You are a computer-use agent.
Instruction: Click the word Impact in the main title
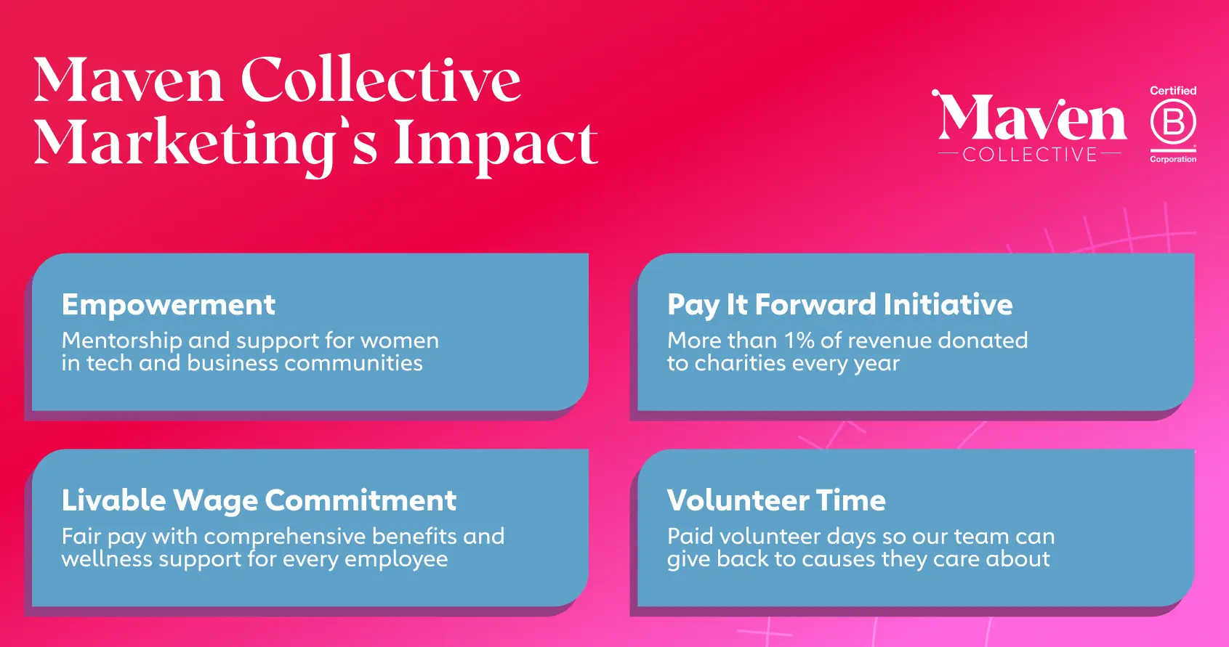click(x=496, y=145)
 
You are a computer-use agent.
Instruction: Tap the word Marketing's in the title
click(x=206, y=145)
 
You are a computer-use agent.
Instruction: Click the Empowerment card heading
click(x=169, y=305)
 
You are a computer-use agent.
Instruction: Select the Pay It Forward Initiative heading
click(x=840, y=305)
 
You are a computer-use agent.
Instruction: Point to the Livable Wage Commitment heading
click(x=259, y=500)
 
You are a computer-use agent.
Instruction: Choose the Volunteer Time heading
click(x=776, y=500)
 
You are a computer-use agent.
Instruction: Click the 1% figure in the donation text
click(x=799, y=341)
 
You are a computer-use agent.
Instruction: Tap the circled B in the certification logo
click(x=1173, y=122)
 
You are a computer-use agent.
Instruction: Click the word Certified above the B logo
click(x=1173, y=91)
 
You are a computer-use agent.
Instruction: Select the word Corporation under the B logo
click(x=1173, y=159)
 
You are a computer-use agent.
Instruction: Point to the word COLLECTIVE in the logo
click(x=1030, y=154)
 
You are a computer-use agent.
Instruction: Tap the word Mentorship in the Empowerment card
click(x=122, y=341)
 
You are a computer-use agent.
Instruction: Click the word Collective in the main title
click(x=381, y=79)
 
